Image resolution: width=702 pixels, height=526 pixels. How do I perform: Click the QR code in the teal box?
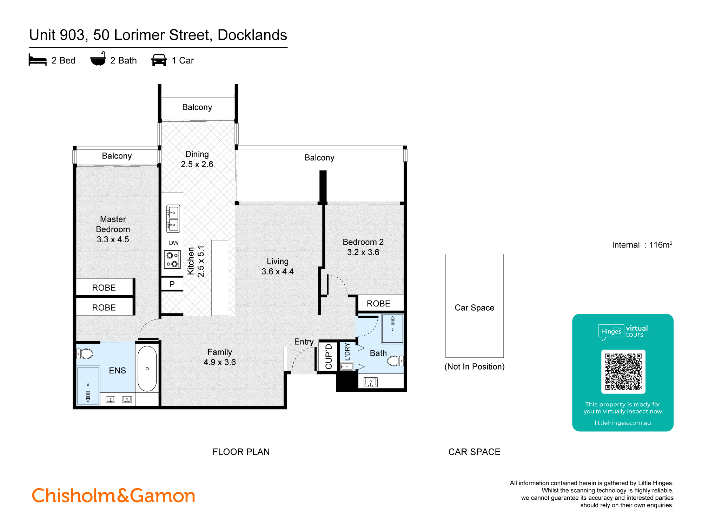[623, 371]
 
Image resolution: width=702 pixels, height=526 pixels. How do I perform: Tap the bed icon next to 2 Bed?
[38, 60]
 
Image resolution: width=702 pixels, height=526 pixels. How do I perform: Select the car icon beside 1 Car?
[159, 60]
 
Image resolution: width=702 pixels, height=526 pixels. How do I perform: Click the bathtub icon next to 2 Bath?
[98, 59]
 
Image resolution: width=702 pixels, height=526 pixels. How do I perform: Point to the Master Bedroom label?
[113, 229]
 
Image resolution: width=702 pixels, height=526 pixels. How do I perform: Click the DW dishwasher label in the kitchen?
[173, 243]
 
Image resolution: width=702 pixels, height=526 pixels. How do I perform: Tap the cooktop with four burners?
[172, 259]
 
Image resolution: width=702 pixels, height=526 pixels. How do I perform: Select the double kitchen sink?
[173, 219]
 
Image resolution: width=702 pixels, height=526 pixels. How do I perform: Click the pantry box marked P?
[172, 284]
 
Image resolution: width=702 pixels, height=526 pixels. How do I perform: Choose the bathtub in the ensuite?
[147, 369]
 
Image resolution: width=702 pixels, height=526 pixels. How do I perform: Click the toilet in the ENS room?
[85, 353]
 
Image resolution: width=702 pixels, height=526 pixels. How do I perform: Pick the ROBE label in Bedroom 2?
[378, 303]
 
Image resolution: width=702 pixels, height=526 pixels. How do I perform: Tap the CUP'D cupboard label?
[329, 356]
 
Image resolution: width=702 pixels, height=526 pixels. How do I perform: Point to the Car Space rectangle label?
[474, 308]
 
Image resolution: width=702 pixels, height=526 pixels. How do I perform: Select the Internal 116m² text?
[642, 245]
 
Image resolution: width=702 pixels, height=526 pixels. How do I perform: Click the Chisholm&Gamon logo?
[113, 495]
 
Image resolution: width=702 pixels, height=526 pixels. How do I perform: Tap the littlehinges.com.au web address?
[622, 423]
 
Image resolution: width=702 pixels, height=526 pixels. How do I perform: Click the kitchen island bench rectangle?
[220, 278]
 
